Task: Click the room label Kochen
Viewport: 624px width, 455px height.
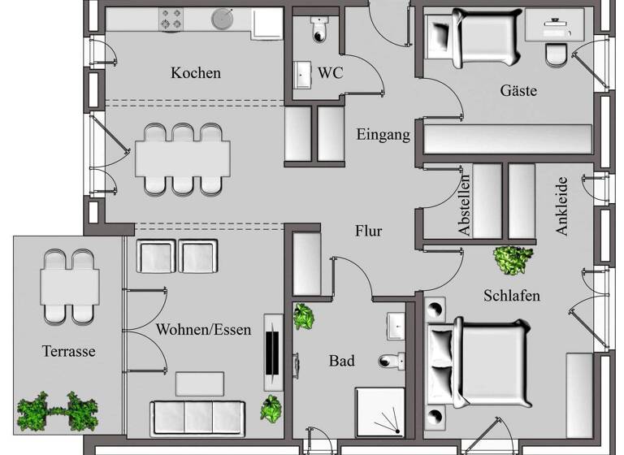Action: point(195,73)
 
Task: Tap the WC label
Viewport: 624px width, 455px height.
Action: point(330,73)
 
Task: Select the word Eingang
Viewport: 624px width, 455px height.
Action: point(383,134)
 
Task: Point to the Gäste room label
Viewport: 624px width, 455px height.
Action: point(518,90)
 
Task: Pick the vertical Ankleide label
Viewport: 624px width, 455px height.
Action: point(561,207)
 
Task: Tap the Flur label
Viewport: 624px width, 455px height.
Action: point(368,231)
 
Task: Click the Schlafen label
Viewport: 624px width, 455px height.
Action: point(512,295)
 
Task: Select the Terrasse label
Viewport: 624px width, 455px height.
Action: point(69,352)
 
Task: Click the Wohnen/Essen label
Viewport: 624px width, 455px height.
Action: point(203,330)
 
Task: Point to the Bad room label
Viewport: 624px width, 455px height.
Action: point(342,360)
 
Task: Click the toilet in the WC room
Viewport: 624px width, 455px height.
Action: point(318,29)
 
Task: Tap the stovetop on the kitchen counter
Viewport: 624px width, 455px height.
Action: point(171,19)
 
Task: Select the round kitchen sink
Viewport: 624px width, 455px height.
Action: point(221,19)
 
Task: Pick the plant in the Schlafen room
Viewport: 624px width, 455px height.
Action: point(513,259)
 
